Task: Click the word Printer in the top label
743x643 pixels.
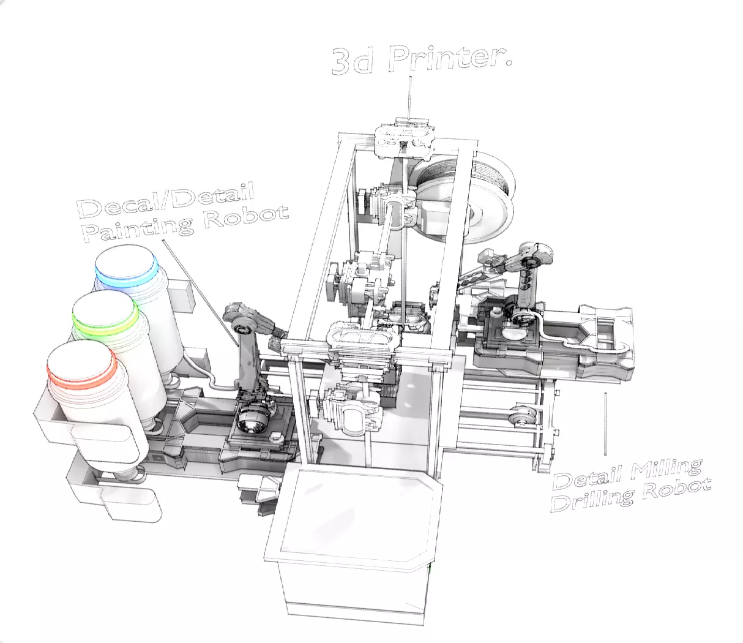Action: [449, 57]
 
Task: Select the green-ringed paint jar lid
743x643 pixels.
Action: [105, 314]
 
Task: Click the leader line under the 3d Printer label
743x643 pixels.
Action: [409, 95]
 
